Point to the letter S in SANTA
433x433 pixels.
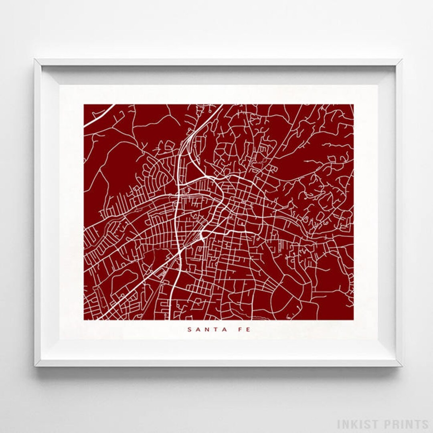189,330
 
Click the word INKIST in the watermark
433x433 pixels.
358,424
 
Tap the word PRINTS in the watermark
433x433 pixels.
406,424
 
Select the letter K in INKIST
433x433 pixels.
355,424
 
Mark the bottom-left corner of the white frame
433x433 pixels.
35,366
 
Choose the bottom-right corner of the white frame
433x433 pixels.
402,366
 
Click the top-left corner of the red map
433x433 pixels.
84,105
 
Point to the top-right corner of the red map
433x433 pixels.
353,105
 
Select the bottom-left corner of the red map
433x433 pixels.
84,320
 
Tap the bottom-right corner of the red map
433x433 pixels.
353,320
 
